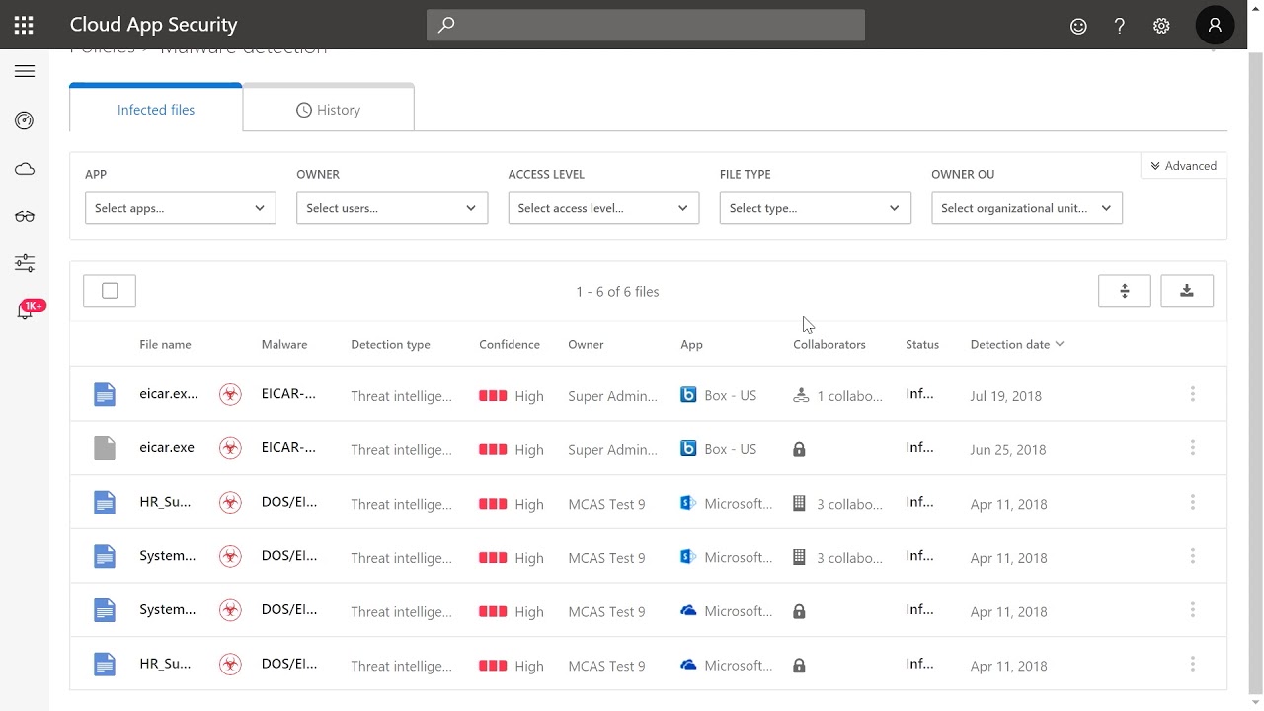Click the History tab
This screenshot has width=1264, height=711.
[328, 110]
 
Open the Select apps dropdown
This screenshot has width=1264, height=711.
[180, 208]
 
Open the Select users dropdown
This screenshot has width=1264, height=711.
[391, 208]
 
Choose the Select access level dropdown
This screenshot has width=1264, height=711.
[603, 208]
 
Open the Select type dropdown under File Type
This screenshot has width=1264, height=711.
[815, 208]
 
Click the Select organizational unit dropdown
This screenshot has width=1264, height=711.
[1026, 208]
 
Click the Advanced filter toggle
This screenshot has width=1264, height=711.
[1183, 166]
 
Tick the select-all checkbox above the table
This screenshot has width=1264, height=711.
[110, 291]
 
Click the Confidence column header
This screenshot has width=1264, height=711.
[509, 344]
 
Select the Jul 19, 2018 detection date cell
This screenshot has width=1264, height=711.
[1005, 395]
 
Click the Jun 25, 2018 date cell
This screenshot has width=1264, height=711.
[1007, 449]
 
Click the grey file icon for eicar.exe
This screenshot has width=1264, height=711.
[104, 448]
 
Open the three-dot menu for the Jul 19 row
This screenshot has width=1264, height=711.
[1192, 394]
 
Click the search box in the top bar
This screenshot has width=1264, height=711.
[645, 25]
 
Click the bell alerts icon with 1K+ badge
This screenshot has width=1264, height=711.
[26, 312]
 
